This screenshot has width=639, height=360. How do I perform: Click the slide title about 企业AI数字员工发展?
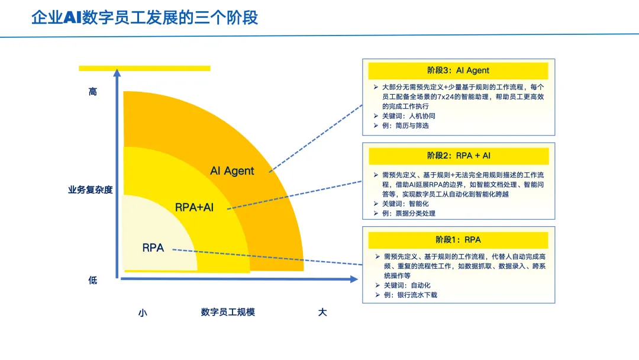click(144, 17)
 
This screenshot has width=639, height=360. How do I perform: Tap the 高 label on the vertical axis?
click(93, 92)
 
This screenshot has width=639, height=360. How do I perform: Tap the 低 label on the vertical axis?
click(93, 280)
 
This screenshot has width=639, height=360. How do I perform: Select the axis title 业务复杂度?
click(90, 190)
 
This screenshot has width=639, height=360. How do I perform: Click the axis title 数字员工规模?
click(228, 312)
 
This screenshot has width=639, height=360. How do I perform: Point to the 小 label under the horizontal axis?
click(142, 313)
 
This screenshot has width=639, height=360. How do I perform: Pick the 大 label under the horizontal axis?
click(322, 312)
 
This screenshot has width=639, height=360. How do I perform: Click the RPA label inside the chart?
click(153, 248)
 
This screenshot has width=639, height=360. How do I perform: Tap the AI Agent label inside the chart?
click(232, 171)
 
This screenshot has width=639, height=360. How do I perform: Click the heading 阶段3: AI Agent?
click(458, 70)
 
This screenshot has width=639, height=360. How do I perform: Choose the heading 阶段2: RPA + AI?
click(459, 156)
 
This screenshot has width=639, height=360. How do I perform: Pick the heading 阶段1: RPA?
click(458, 240)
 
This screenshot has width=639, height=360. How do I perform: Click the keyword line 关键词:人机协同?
click(408, 116)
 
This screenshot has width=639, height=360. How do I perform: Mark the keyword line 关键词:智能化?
click(405, 204)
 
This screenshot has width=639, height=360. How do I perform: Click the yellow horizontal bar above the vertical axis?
click(144, 68)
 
